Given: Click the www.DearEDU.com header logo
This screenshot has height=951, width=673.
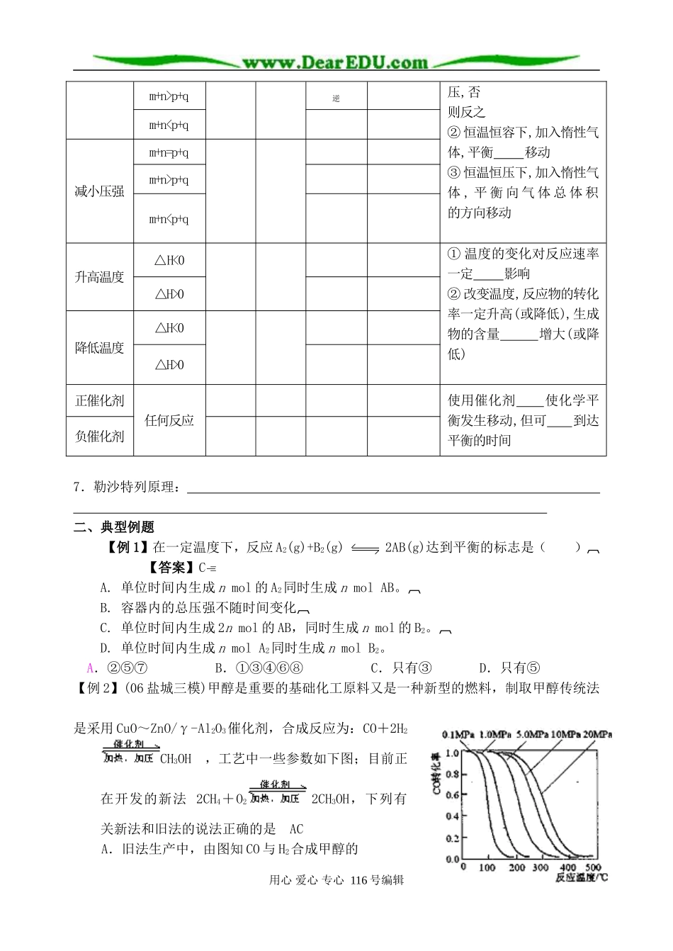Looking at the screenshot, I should tap(335, 62).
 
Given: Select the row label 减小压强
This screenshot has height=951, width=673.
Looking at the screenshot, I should tap(99, 191).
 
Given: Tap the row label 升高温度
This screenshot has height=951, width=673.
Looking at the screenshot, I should tap(99, 277).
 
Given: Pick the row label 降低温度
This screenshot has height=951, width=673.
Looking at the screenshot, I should tap(99, 348).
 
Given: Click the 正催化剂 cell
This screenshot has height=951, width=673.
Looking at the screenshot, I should tap(99, 401).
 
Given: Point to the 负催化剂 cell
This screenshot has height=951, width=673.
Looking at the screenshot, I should tap(99, 437).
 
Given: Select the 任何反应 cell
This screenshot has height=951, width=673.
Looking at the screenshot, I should tap(169, 420).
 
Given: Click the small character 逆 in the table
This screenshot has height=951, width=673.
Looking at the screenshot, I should tap(336, 99).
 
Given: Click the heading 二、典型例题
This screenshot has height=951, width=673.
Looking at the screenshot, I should tap(114, 527).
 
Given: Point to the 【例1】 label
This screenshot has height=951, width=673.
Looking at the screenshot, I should tap(127, 547).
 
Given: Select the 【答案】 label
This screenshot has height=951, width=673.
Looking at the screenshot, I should tap(169, 567).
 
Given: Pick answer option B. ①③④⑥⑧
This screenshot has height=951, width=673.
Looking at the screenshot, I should tap(259, 668).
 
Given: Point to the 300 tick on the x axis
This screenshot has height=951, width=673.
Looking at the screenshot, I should tap(541, 867).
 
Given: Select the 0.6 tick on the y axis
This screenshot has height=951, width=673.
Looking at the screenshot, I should tap(452, 795).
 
